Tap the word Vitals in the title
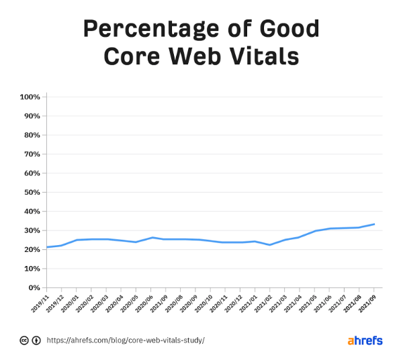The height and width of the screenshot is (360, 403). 263,56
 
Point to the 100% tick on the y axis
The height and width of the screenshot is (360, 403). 30,97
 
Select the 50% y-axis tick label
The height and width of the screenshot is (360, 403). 32,193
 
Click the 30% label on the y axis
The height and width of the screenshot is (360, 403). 32,230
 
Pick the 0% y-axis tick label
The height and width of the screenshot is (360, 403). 35,287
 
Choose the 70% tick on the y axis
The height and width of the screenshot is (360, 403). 32,154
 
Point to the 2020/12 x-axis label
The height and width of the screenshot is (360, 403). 234,302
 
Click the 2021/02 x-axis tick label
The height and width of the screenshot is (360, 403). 265,302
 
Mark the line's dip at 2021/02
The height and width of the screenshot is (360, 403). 270,244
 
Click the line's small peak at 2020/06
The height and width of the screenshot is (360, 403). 153,237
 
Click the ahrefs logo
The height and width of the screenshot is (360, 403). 365,341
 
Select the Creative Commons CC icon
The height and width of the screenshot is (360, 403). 24,341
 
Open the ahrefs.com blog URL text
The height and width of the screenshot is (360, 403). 125,341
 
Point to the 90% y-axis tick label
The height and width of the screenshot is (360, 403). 32,116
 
